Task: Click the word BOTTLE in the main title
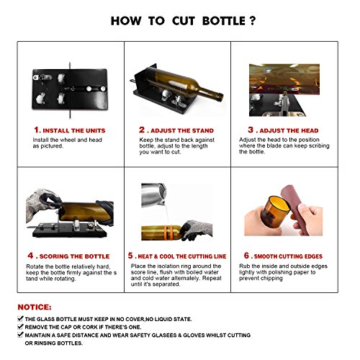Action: [x=224, y=21]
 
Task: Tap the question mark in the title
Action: [x=252, y=21]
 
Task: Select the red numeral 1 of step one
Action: [x=37, y=130]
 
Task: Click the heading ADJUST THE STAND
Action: [x=182, y=130]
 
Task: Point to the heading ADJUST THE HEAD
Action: [x=289, y=130]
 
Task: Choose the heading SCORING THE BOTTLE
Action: [x=74, y=256]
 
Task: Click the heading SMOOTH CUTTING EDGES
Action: [x=288, y=256]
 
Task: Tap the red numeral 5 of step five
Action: [x=130, y=256]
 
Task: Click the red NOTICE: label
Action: [x=35, y=307]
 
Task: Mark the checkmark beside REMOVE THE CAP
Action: [x=20, y=327]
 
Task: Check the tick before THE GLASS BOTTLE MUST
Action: [x=20, y=319]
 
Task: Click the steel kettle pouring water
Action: [x=153, y=195]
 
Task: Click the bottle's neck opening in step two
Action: [x=220, y=97]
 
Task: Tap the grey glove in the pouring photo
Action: [x=196, y=230]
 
